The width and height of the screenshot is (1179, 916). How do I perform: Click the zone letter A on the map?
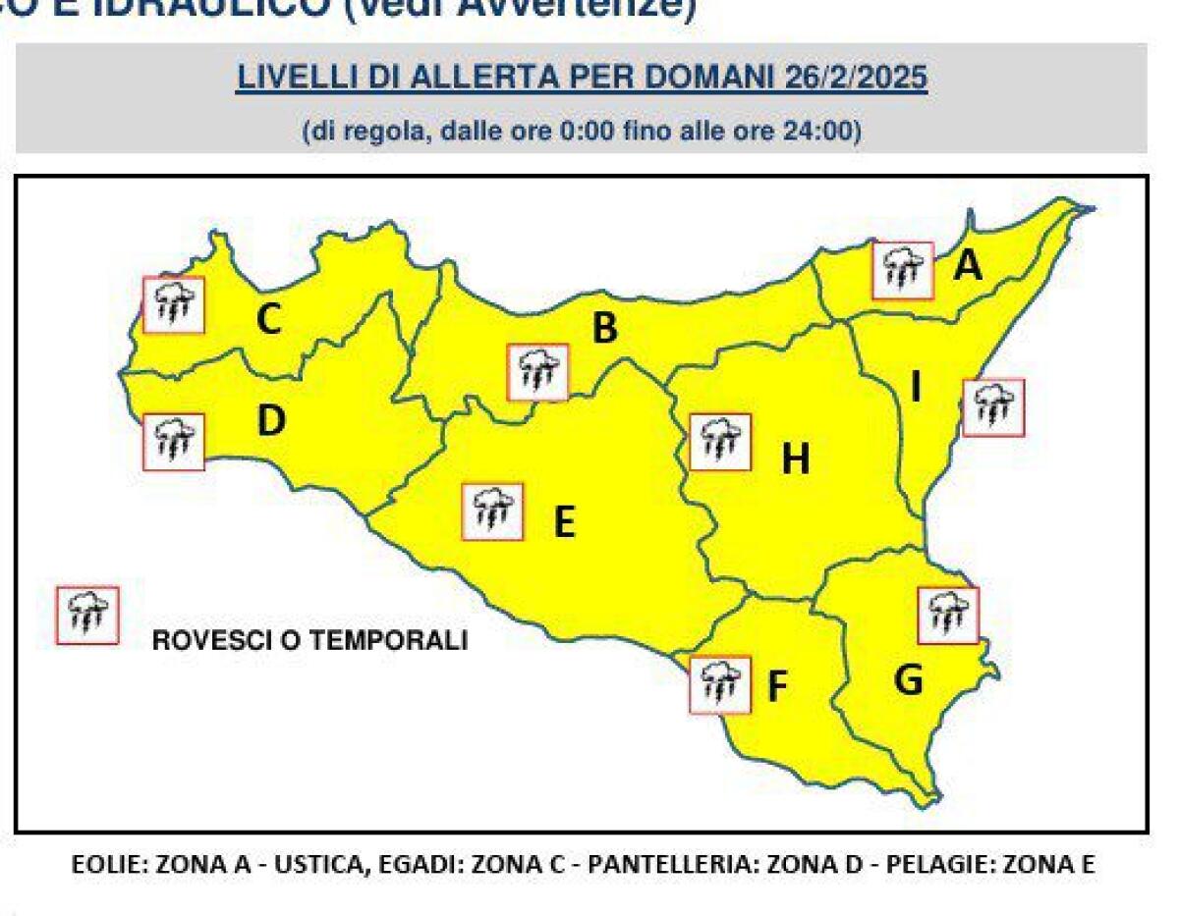(968, 265)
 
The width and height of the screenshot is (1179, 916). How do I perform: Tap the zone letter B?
(604, 328)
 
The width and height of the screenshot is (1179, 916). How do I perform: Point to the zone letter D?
(270, 421)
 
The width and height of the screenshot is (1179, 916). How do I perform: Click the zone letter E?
(563, 522)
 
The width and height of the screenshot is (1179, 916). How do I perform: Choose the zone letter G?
(909, 679)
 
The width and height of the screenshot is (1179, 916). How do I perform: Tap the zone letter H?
(795, 458)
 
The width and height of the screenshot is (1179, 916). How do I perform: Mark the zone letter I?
(916, 389)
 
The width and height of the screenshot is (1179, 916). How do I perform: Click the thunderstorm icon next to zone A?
(903, 270)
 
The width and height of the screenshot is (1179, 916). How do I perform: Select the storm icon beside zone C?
(174, 304)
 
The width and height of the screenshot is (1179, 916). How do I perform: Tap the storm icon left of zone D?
(174, 442)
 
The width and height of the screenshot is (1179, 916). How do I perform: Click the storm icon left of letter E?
(492, 512)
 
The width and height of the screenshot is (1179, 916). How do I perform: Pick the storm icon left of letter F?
(720, 684)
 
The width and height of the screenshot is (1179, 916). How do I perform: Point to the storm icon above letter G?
(948, 616)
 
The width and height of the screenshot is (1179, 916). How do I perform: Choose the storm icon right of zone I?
(993, 406)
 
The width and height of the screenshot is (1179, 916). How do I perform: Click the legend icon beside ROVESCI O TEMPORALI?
(87, 616)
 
